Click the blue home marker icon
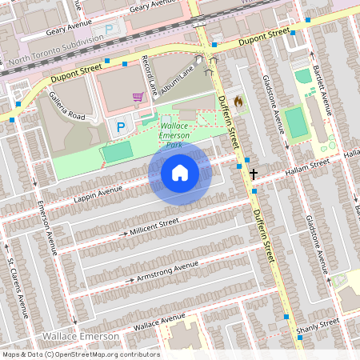click(180, 172)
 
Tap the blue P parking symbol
click(122, 126)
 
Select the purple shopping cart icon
click(138, 97)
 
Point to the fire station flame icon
click(237, 102)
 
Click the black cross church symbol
click(254, 173)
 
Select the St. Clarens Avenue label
click(18, 283)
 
